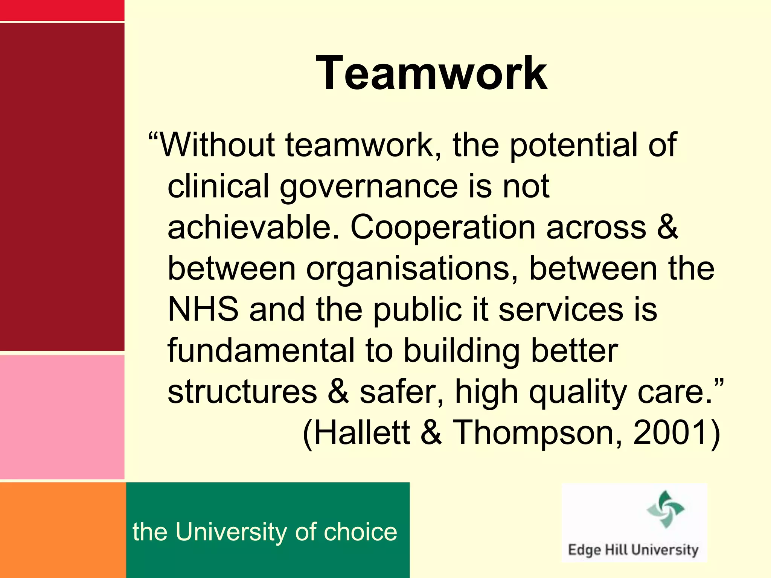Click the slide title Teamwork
point(431,73)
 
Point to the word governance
point(369,187)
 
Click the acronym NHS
point(203,309)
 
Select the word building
point(462,351)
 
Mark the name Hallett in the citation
point(361,433)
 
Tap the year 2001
point(670,433)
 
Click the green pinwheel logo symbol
point(665,509)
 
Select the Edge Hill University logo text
point(633,550)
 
